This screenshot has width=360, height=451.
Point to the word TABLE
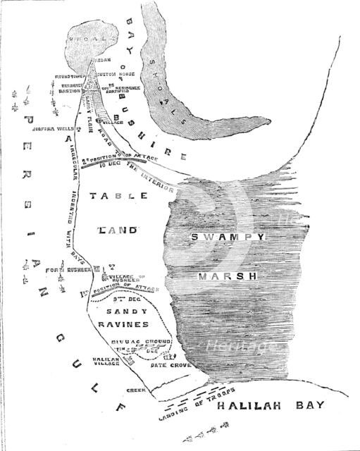[120, 199]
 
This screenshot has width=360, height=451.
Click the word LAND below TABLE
[120, 230]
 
